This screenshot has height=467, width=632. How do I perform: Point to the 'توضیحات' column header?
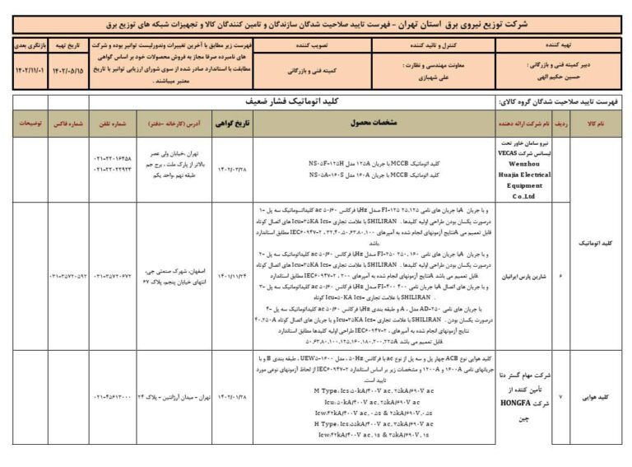coord(29,123)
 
